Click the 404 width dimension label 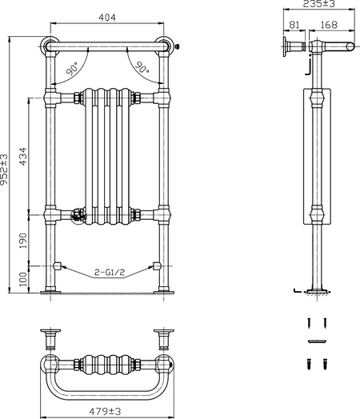pyautogui.click(x=107, y=18)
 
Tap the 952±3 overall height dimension pyautogui.click(x=4, y=170)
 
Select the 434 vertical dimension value pyautogui.click(x=23, y=156)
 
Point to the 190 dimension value pyautogui.click(x=23, y=241)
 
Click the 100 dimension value pyautogui.click(x=23, y=279)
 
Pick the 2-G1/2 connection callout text pyautogui.click(x=110, y=273)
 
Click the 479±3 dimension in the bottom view pyautogui.click(x=105, y=411)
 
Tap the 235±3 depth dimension pyautogui.click(x=318, y=4)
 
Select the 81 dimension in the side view pyautogui.click(x=294, y=25)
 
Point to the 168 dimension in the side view pyautogui.click(x=329, y=25)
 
